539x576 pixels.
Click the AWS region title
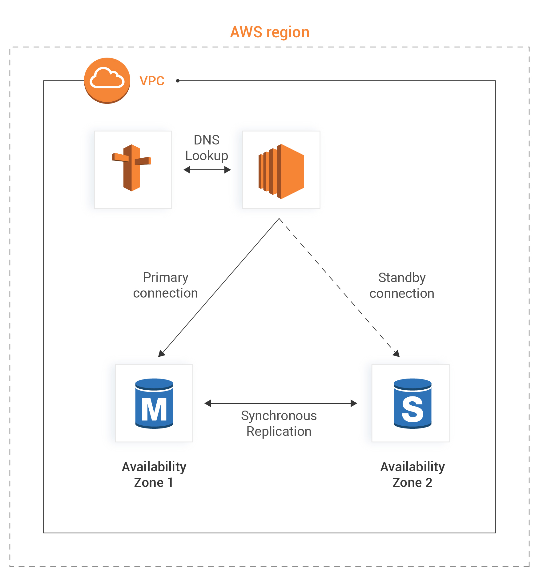pos(270,32)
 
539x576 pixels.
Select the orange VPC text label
pos(152,81)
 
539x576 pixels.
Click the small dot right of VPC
pos(178,81)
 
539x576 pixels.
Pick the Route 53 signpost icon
pos(132,168)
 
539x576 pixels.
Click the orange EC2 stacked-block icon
pos(281,171)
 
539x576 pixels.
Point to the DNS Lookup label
pos(207,148)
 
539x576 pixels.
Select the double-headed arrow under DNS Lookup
pos(207,170)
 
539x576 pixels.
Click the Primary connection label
pos(166,285)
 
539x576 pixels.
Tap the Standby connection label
pos(402,286)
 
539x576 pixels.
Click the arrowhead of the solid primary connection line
pos(161,354)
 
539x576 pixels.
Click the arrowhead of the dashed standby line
pos(396,354)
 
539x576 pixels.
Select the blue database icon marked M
pos(154,403)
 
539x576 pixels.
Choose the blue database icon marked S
pos(412,403)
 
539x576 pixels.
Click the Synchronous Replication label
pos(279,424)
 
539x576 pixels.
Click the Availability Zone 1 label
pos(154,474)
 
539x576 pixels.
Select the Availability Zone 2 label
pos(412,474)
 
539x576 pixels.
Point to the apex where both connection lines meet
pos(279,219)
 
